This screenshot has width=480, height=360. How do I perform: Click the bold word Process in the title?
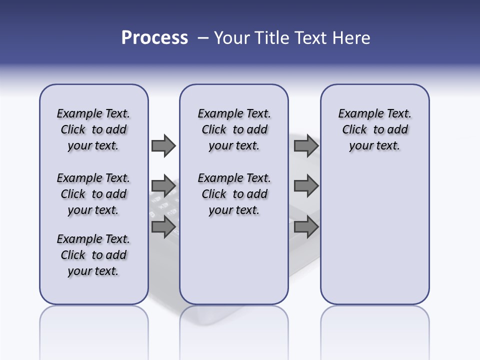(154, 38)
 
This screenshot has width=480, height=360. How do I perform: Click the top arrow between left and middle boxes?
(163, 145)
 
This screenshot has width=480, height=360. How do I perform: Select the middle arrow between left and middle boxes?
(163, 186)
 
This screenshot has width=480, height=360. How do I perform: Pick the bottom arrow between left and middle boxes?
(163, 227)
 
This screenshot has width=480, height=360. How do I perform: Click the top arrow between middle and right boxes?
(306, 145)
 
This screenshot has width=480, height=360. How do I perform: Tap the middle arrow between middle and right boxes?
(306, 186)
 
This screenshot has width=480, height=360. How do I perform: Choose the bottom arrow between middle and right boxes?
(306, 227)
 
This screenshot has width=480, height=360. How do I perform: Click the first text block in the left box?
(93, 129)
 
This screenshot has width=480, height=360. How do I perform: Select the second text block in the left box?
(93, 194)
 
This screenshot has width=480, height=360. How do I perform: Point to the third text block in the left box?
(93, 255)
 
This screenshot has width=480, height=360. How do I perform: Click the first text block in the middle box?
(234, 129)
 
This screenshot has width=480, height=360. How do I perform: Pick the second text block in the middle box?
(234, 194)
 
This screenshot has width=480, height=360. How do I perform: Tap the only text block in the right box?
(374, 129)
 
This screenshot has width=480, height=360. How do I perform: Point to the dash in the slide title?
(203, 38)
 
